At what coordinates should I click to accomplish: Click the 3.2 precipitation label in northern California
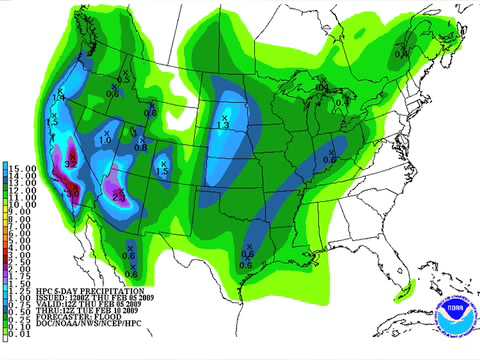(x=70, y=162)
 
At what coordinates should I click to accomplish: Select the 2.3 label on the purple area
(x=118, y=197)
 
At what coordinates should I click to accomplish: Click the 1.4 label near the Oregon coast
(x=57, y=98)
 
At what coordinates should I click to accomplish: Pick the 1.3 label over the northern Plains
(x=224, y=124)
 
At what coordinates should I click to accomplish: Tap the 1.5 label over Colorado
(x=161, y=172)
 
